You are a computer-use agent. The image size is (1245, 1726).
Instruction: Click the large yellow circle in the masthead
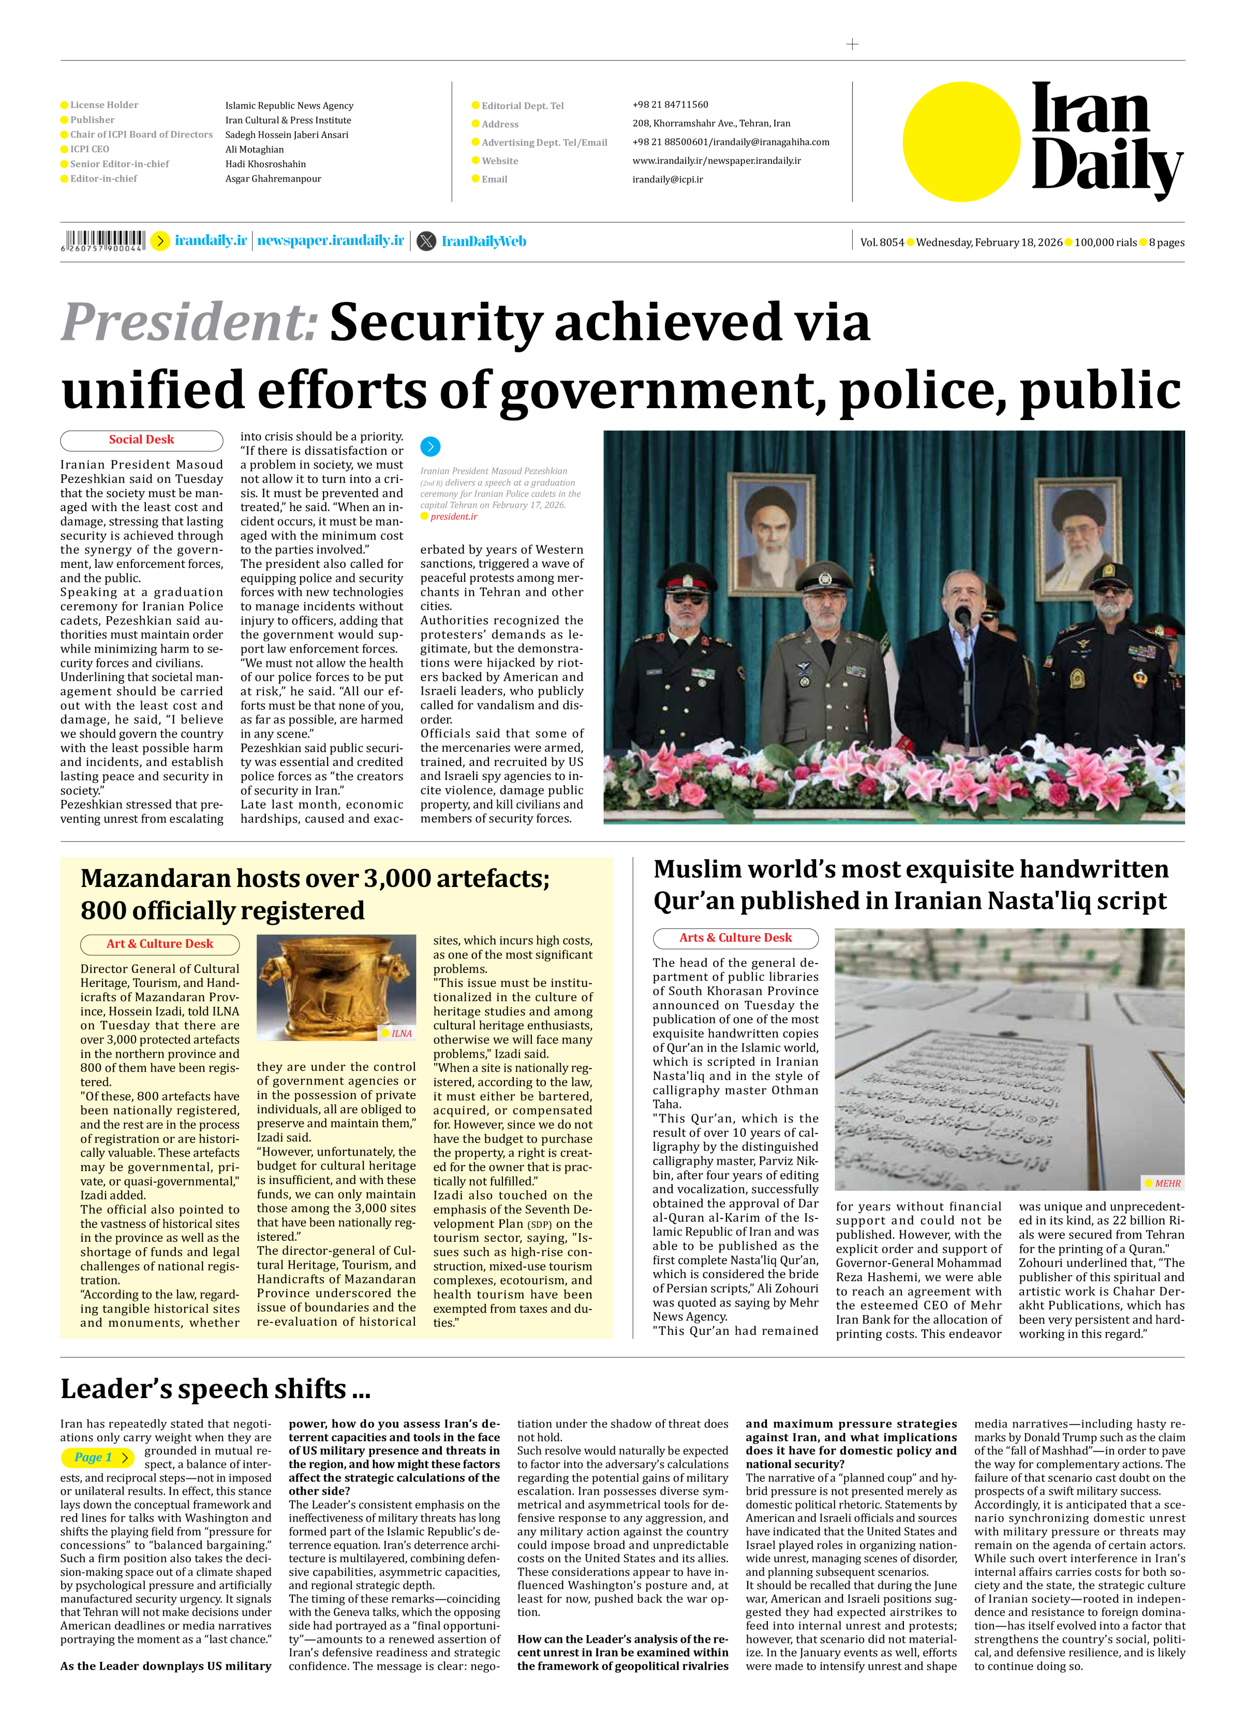[x=961, y=141]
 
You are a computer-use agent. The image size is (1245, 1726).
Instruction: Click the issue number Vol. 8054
[x=882, y=243]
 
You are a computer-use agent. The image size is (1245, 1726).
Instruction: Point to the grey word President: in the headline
[x=189, y=322]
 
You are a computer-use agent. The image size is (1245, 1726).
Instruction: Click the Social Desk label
[x=141, y=440]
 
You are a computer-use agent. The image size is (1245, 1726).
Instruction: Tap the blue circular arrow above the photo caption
[x=430, y=447]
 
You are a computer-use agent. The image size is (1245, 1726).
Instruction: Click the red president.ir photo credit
[x=454, y=517]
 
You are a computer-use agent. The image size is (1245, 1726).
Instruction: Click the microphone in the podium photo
[x=963, y=615]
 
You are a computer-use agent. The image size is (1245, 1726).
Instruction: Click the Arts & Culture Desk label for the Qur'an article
[x=736, y=938]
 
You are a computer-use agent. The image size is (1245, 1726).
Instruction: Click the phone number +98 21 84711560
[x=670, y=105]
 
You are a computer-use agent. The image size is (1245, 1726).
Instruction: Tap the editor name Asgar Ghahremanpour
[x=273, y=179]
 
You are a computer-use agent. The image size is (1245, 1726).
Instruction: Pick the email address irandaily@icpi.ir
[x=668, y=180]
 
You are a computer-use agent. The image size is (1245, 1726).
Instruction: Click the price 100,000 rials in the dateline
[x=1105, y=243]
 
